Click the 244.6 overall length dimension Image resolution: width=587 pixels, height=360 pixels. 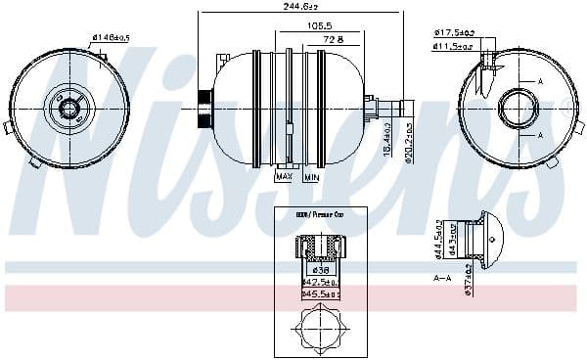point(299,6)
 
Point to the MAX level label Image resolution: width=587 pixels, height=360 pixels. point(285,177)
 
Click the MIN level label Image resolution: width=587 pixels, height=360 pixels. point(310,177)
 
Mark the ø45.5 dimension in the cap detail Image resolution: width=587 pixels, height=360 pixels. point(320,292)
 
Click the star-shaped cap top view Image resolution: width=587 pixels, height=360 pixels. point(320,327)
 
